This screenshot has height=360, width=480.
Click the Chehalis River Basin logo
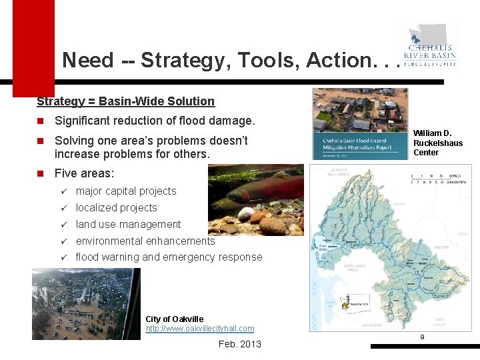click(430, 46)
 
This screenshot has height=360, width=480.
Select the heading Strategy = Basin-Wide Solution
click(125, 101)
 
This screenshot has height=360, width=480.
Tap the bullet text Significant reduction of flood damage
click(155, 121)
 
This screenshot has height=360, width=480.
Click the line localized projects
click(116, 207)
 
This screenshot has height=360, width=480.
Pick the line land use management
click(128, 224)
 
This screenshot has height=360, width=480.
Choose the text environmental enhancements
click(145, 241)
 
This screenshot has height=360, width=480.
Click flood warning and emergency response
click(169, 257)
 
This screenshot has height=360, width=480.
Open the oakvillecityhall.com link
click(199, 328)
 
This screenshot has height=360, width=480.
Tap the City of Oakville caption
click(175, 319)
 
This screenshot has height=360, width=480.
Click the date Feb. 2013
click(239, 344)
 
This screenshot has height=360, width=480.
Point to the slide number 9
click(422, 337)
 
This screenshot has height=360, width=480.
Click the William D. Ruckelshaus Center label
click(437, 143)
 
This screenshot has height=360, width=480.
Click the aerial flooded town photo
click(86, 304)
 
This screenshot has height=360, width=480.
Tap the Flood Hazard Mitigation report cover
click(360, 124)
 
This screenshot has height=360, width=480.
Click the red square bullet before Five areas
click(40, 173)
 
